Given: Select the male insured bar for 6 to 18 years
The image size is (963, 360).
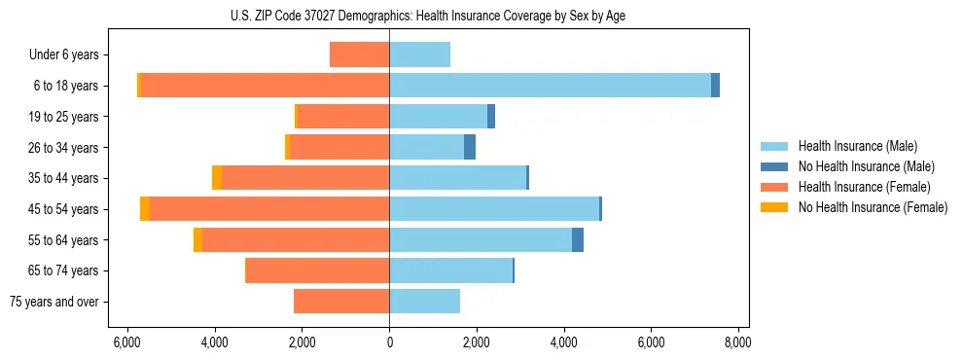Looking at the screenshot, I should (x=550, y=86).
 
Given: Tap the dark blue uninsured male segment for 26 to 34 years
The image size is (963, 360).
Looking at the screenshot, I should (x=470, y=148).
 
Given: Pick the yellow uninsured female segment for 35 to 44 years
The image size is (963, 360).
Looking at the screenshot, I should (x=217, y=178).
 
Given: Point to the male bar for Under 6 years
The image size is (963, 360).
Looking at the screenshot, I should (x=419, y=54).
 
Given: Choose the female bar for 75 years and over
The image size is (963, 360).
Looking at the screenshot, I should (x=341, y=302).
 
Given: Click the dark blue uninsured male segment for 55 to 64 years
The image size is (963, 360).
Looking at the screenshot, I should (x=578, y=240).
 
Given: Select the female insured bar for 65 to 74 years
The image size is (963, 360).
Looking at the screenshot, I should (x=318, y=270).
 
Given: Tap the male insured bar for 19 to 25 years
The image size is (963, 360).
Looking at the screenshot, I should (x=438, y=117).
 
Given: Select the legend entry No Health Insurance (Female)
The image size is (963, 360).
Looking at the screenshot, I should (x=873, y=207).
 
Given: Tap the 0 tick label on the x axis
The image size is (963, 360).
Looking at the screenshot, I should (x=389, y=342).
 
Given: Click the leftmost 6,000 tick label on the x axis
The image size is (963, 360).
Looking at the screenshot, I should (x=127, y=342).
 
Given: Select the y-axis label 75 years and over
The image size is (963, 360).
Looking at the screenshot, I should (x=54, y=303).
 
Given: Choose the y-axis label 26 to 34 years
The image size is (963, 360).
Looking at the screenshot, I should (x=64, y=148).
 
